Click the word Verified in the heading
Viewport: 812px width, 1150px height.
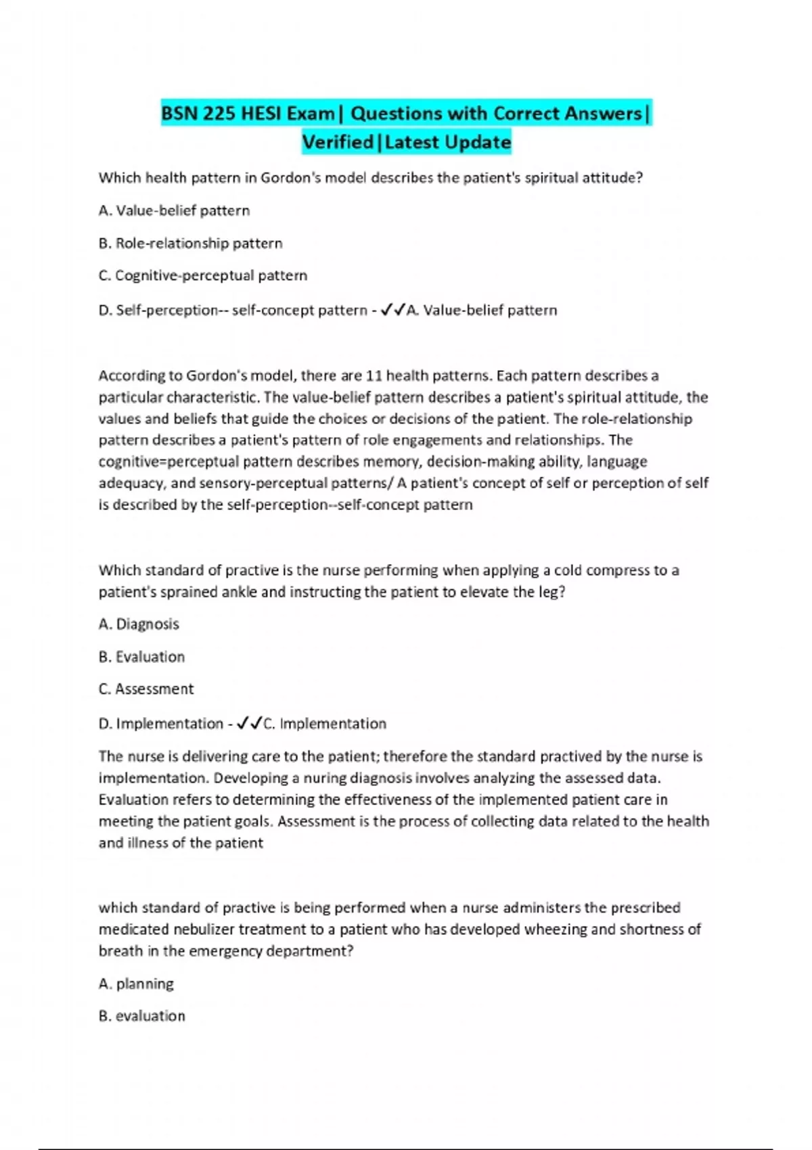point(338,142)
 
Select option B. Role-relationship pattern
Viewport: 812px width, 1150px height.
point(190,243)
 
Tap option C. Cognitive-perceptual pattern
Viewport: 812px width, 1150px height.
point(202,275)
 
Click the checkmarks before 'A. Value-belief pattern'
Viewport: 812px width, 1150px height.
point(393,310)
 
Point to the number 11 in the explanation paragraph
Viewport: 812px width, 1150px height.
point(374,375)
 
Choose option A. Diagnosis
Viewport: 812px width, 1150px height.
point(139,624)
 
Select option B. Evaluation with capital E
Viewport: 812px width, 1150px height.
point(141,656)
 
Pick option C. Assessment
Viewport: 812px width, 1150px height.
point(146,689)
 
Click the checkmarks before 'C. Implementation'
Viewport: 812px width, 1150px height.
point(249,723)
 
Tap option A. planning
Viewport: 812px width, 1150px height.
point(136,984)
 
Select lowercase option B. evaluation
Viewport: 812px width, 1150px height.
point(141,1015)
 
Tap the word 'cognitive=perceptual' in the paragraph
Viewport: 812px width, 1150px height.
point(168,461)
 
